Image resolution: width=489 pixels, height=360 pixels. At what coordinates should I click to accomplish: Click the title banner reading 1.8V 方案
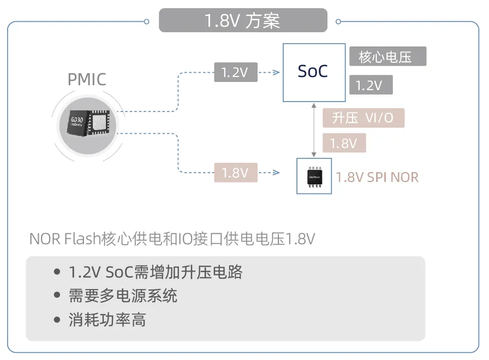[243, 21]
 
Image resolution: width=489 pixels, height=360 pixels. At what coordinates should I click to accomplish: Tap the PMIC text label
[87, 79]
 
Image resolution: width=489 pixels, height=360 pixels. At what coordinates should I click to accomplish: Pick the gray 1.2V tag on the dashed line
[235, 72]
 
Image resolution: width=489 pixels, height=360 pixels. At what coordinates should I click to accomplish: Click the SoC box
[314, 72]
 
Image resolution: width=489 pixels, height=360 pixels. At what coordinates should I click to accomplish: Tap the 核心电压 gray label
[387, 56]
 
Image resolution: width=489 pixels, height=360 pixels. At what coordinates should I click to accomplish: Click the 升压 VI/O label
[363, 118]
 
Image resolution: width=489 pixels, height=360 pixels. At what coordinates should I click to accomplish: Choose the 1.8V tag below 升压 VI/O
[344, 143]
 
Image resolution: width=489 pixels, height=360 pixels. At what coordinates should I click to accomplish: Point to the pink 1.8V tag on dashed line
[235, 173]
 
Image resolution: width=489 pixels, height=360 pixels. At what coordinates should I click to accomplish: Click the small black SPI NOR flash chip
[313, 176]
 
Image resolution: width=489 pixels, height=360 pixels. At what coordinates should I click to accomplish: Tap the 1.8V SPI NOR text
[377, 176]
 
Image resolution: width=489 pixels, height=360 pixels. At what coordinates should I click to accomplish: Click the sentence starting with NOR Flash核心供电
[172, 239]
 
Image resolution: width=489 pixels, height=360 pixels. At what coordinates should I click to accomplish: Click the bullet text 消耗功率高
[107, 320]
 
